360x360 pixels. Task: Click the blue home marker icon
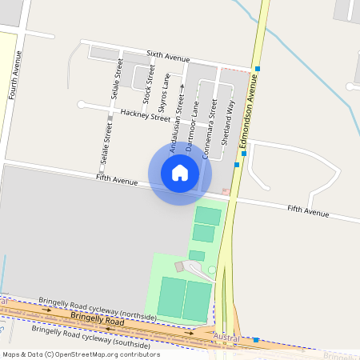(180, 172)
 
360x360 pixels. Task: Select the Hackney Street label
(146, 115)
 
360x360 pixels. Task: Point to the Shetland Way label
(227, 121)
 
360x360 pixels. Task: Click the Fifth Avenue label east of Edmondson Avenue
(308, 212)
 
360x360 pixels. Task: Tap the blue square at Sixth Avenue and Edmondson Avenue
(258, 70)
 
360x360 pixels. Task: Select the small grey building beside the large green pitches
(179, 266)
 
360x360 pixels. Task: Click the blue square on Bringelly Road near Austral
(256, 340)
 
